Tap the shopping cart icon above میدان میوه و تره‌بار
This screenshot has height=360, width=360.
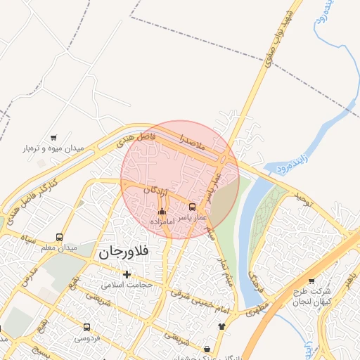(x=54, y=138)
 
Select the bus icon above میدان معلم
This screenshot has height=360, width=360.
(x=59, y=238)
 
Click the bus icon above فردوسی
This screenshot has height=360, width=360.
(x=86, y=327)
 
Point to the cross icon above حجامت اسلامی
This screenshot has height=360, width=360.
(x=127, y=274)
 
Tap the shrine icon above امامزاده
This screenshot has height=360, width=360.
(x=162, y=211)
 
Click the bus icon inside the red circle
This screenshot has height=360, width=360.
(x=193, y=207)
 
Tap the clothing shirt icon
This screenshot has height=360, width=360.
(x=222, y=326)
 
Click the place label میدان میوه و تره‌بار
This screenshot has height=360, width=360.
(x=54, y=149)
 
